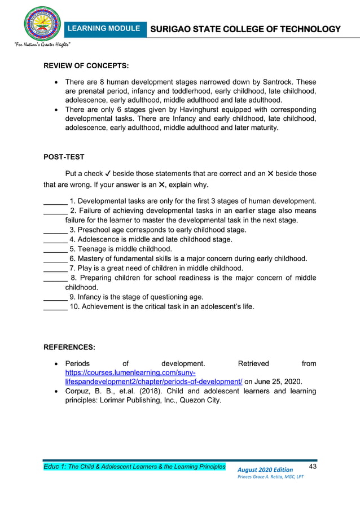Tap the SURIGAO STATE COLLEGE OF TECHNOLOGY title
(x=245, y=29)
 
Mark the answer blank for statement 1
(x=55, y=201)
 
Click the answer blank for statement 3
(x=55, y=230)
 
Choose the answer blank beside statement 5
(x=55, y=249)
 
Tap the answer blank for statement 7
(x=55, y=269)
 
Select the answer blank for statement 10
(x=55, y=307)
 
